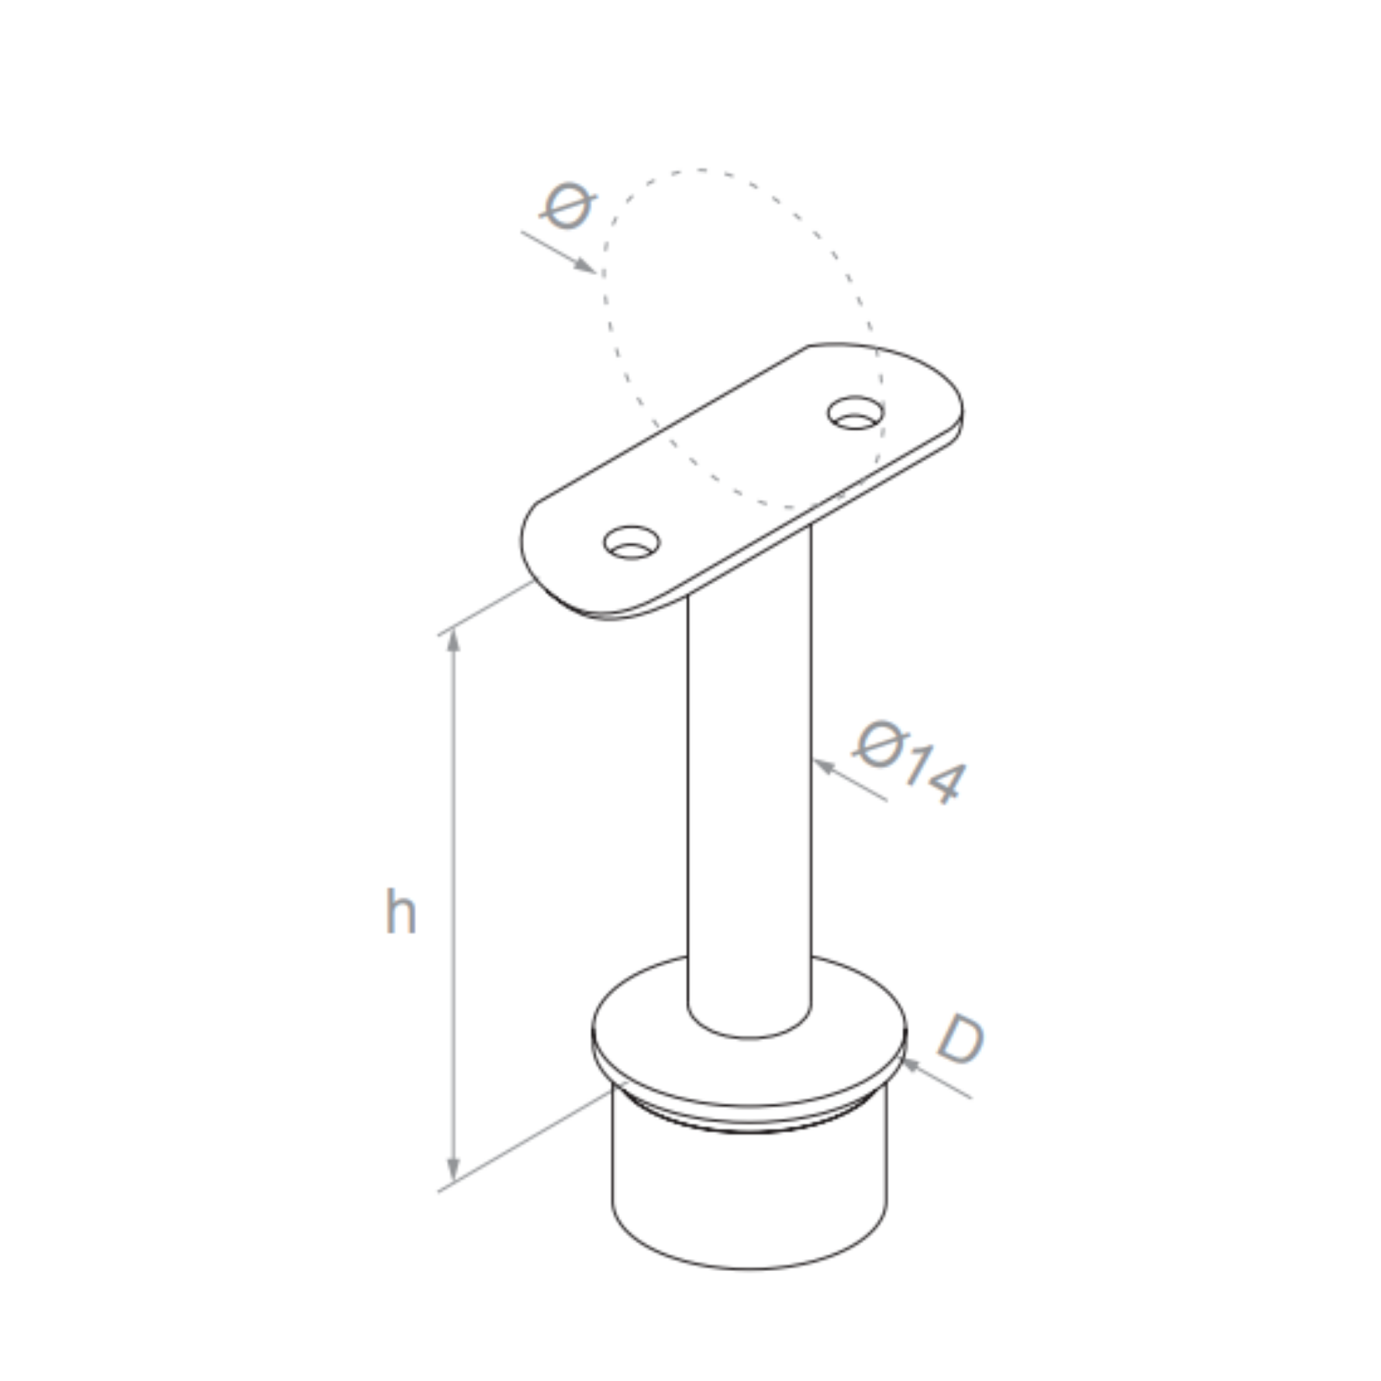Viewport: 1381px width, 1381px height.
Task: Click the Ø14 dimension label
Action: (910, 763)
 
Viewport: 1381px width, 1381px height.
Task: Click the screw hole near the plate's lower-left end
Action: (631, 543)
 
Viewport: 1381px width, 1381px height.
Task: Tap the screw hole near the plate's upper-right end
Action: (855, 413)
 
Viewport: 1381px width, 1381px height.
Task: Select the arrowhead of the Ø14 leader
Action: (824, 766)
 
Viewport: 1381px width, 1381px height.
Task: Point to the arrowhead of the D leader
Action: (910, 1065)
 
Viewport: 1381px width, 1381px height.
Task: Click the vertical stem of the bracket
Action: (749, 786)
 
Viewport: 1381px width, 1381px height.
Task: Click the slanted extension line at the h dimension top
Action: (486, 608)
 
